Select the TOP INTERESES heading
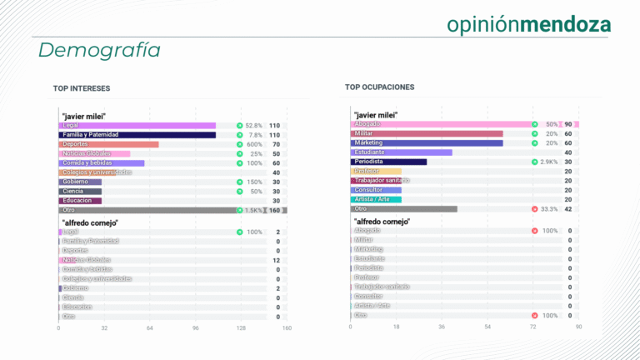click(82, 88)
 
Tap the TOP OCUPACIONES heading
click(379, 87)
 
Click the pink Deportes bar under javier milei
click(108, 144)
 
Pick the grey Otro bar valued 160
click(147, 211)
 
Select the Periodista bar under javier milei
click(389, 162)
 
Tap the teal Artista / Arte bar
click(376, 199)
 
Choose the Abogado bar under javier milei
click(442, 124)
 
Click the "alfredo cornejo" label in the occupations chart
click(380, 221)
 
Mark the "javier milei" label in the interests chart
click(83, 116)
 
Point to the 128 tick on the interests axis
click(240, 328)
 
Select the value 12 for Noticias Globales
click(277, 260)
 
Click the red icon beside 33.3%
click(534, 209)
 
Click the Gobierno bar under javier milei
click(80, 182)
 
